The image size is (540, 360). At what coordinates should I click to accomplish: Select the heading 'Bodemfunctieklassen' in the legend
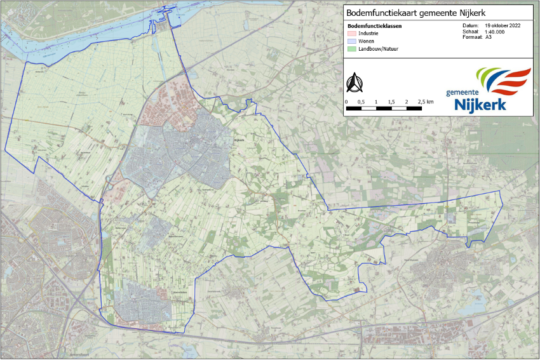pyautogui.click(x=370, y=26)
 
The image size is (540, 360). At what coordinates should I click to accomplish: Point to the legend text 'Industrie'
pyautogui.click(x=368, y=33)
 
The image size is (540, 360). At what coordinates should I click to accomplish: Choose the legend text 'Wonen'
pyautogui.click(x=367, y=41)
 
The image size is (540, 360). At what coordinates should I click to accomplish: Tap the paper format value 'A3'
pyautogui.click(x=489, y=37)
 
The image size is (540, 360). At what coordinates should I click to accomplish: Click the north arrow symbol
pyautogui.click(x=354, y=83)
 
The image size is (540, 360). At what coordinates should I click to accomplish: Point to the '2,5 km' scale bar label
pyautogui.click(x=426, y=102)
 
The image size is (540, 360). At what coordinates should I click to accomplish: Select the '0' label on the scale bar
pyautogui.click(x=346, y=102)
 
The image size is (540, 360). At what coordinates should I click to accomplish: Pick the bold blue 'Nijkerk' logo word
pyautogui.click(x=480, y=103)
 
